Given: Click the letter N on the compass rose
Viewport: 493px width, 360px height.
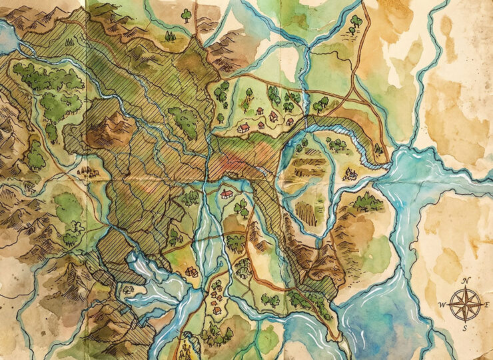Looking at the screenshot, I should [468, 281].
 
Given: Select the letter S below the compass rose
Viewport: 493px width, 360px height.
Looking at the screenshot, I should [468, 329].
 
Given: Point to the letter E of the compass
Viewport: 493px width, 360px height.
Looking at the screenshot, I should [488, 303].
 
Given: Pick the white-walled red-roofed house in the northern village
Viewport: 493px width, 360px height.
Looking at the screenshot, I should [244, 127].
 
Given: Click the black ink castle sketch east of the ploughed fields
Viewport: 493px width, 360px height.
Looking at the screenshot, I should [350, 175].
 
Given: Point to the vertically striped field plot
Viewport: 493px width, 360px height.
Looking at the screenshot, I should [306, 213].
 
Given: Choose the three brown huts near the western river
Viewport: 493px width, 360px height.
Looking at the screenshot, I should [87, 172].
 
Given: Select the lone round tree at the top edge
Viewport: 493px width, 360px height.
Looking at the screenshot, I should [186, 13].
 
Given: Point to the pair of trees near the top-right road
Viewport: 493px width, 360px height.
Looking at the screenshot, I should [354, 24].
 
